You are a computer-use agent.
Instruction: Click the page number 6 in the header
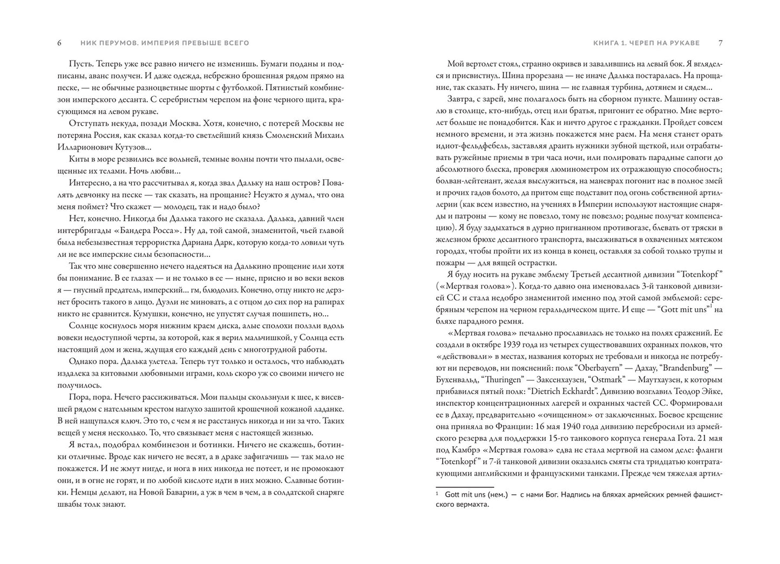point(59,43)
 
